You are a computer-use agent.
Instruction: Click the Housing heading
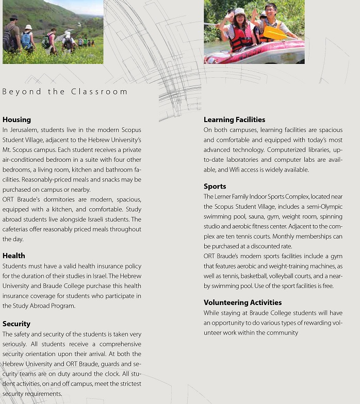coord(17,120)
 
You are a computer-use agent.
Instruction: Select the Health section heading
coord(13,256)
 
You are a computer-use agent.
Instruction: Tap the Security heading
coord(17,324)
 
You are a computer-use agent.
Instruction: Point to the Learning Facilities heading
coord(234,120)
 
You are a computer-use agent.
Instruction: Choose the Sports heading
coord(215,186)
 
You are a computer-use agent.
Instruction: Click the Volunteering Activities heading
coord(242,302)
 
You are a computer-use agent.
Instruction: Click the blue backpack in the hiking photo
coord(26,40)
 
